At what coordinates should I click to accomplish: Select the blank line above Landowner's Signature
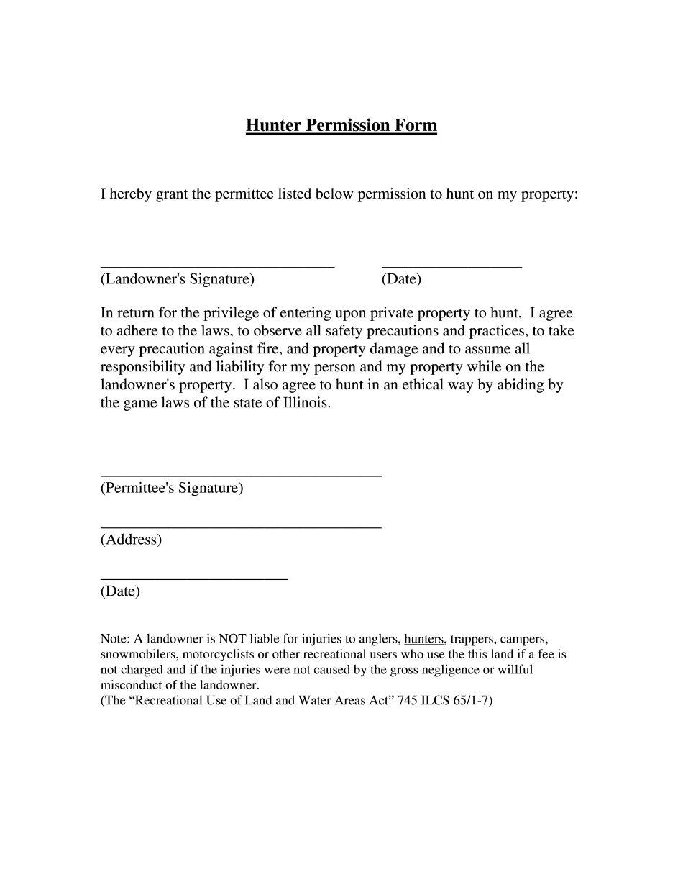coord(217,266)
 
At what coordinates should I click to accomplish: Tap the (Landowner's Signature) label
coord(177,279)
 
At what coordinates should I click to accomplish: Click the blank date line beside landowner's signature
coord(451,266)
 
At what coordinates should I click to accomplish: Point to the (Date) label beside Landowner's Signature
coord(401,279)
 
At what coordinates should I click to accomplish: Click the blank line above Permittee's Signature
coord(240,475)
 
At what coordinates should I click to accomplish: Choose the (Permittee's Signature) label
coord(172,488)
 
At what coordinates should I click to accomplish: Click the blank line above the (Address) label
coord(240,527)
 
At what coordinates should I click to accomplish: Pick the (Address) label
coord(131,540)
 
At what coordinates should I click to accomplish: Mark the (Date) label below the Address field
coord(120,591)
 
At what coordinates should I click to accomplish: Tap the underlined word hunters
coord(424,638)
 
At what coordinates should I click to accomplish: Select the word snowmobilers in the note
coord(138,654)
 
